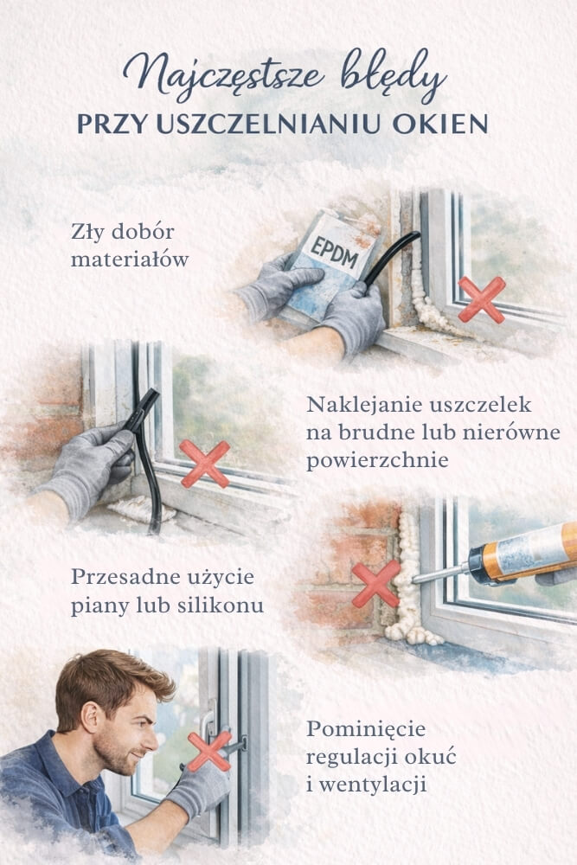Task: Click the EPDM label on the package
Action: tap(334, 253)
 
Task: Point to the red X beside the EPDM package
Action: tap(482, 299)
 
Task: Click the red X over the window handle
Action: tap(209, 751)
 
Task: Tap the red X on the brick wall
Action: tap(376, 584)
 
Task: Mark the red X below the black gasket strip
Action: tap(205, 464)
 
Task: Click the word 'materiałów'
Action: tap(130, 259)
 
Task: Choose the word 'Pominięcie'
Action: tap(366, 728)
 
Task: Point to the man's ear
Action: tap(90, 714)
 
